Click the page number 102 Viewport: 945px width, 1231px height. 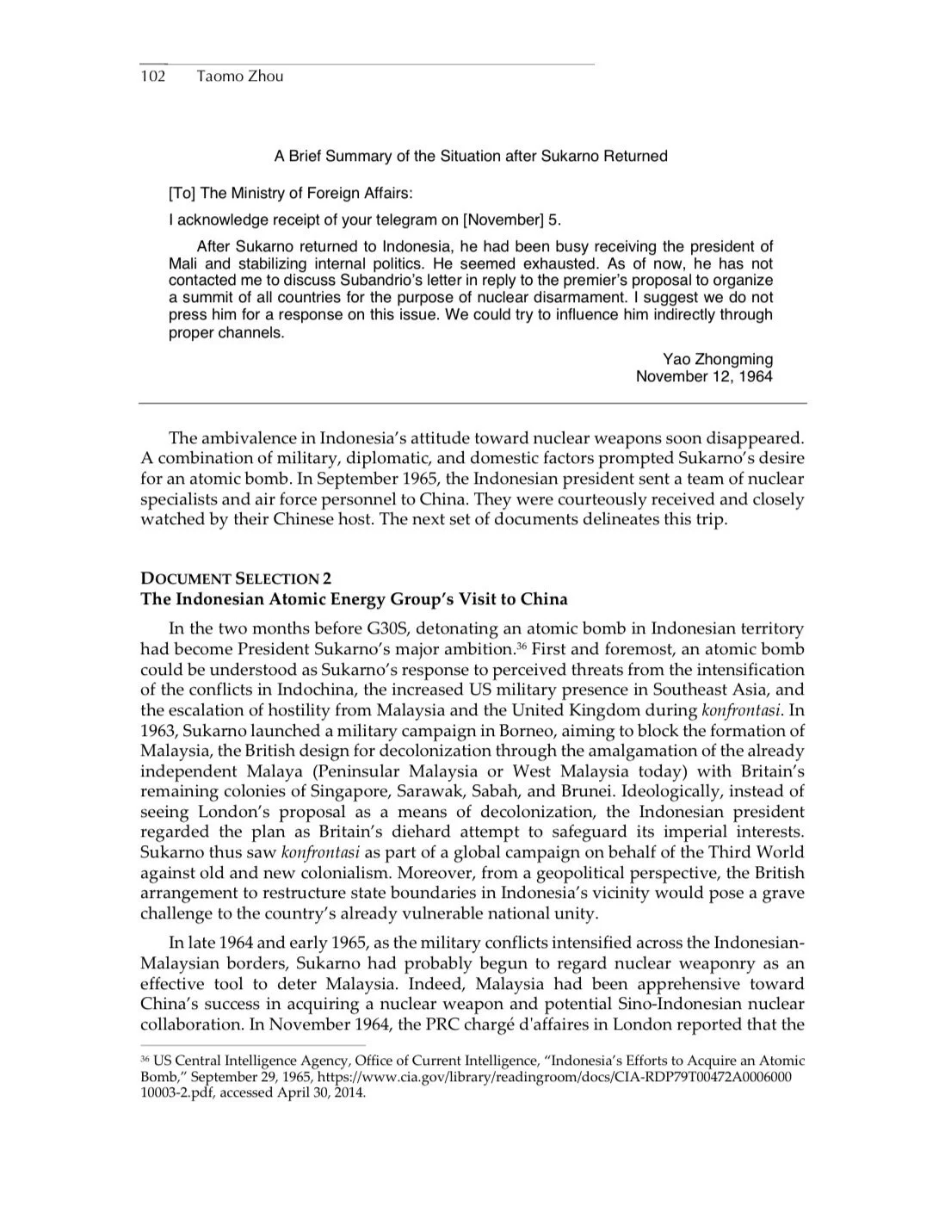[152, 76]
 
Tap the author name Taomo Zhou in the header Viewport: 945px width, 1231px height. [239, 76]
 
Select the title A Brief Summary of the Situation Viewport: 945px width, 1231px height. [471, 156]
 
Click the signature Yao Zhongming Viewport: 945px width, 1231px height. [718, 359]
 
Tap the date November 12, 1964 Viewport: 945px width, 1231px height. [704, 376]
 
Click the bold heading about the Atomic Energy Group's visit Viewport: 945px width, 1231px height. [354, 598]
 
